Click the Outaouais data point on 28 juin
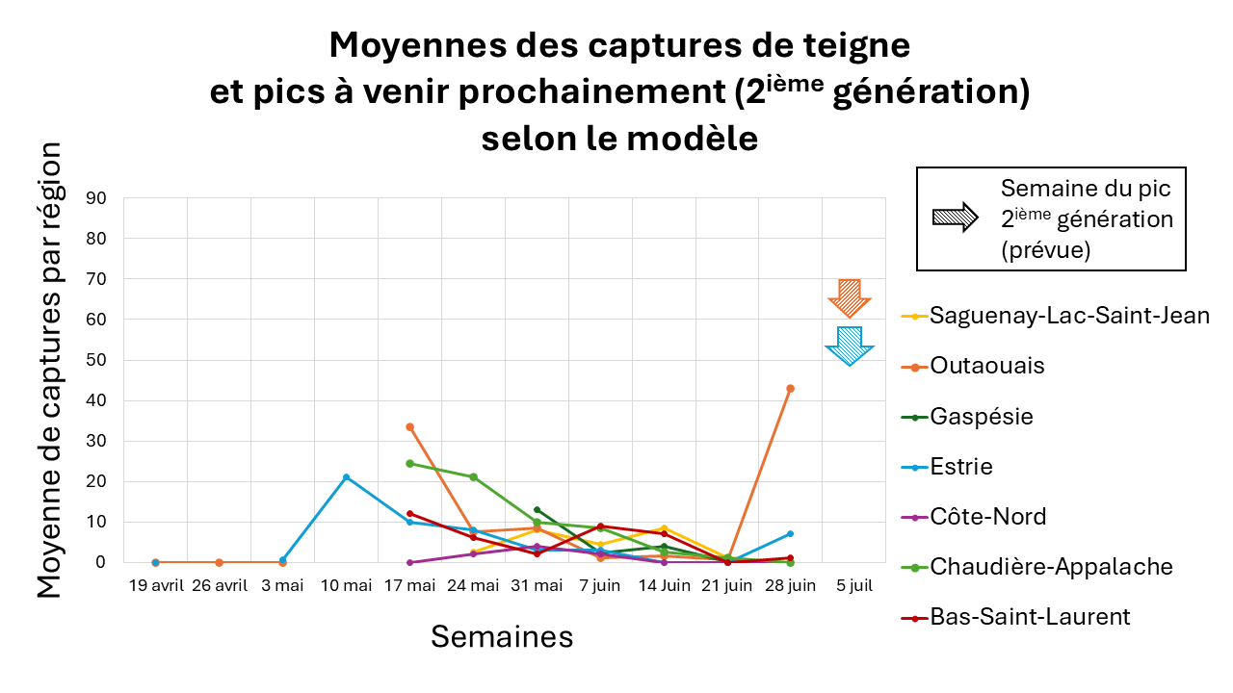tap(790, 388)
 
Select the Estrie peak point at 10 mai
tap(346, 477)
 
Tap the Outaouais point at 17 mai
tap(409, 426)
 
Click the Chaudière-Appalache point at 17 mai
tap(409, 463)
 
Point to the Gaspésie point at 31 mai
tap(537, 509)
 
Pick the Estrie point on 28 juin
tap(790, 533)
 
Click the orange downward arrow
tap(849, 297)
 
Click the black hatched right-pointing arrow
tap(956, 217)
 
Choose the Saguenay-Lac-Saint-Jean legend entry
tap(1069, 315)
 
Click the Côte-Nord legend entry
tap(988, 517)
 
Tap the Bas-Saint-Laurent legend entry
tap(1030, 617)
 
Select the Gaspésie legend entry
tap(982, 417)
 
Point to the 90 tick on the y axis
tap(96, 198)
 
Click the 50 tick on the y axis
tap(96, 361)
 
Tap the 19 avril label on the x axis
tap(155, 585)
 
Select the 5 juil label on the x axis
tap(853, 585)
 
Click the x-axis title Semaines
tap(502, 636)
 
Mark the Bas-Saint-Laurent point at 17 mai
tap(409, 513)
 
